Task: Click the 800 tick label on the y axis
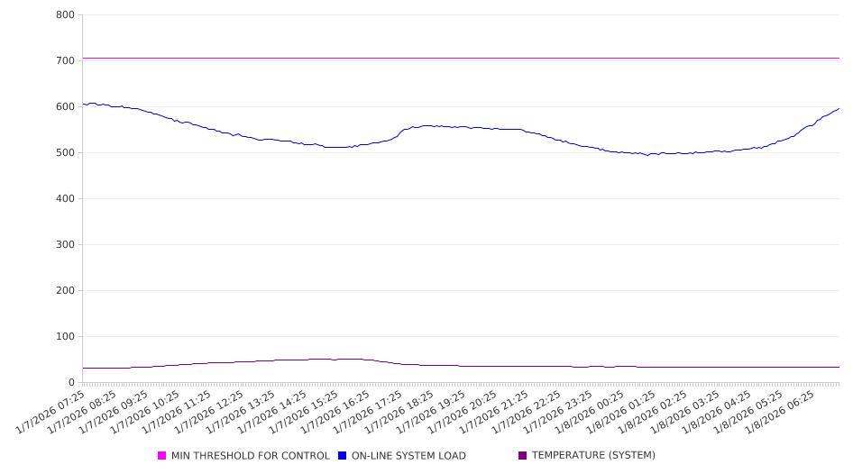tap(65, 15)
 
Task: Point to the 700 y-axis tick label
tap(65, 61)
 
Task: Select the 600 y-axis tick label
tap(65, 107)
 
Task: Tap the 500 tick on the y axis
tap(65, 153)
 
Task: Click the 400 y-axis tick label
tap(65, 199)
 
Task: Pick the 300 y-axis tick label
tap(65, 245)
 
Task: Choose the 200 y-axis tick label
tap(65, 291)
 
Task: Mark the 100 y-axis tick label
tap(65, 337)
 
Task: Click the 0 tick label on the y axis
tap(71, 383)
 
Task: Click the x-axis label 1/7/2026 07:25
tap(52, 413)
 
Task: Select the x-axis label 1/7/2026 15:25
tap(305, 413)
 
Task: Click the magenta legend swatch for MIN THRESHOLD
tap(162, 456)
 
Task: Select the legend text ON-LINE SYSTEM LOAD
tap(408, 456)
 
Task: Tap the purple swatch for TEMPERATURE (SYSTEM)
tap(523, 456)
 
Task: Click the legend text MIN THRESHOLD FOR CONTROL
tap(250, 456)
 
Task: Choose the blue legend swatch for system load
tap(343, 456)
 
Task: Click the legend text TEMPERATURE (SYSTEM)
tap(593, 456)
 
